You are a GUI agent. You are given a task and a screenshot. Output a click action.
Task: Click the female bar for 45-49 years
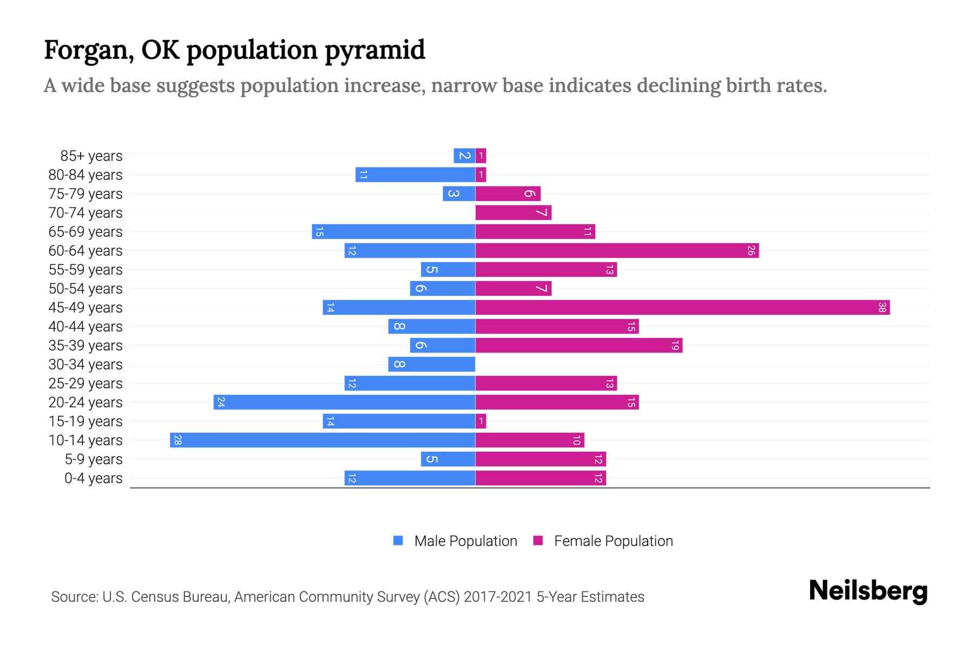[682, 308]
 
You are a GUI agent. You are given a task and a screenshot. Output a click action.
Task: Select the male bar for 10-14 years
[323, 440]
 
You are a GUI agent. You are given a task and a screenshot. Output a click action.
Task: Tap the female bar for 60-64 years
[617, 251]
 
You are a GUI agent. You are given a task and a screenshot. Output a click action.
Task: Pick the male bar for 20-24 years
[344, 402]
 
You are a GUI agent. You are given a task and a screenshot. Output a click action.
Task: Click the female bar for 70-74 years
[513, 213]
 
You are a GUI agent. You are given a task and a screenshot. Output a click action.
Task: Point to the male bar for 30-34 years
[432, 365]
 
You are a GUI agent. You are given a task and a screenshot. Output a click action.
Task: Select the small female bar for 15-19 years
[481, 421]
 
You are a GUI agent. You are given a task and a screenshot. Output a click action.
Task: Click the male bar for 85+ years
[464, 156]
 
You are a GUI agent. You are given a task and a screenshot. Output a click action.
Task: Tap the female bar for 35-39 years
[578, 346]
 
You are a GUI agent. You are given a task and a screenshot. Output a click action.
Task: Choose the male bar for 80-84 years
[415, 175]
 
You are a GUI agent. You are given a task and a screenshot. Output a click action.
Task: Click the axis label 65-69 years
[85, 232]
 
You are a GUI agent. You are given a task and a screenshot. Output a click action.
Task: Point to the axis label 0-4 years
[93, 478]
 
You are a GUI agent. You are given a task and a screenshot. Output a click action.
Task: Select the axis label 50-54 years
[85, 289]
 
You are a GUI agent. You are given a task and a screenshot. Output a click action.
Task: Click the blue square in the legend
[398, 541]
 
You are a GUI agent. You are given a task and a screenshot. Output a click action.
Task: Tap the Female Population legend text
[613, 541]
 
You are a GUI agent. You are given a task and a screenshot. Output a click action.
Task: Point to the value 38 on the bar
[882, 308]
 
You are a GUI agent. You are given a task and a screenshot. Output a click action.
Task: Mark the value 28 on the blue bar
[177, 440]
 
